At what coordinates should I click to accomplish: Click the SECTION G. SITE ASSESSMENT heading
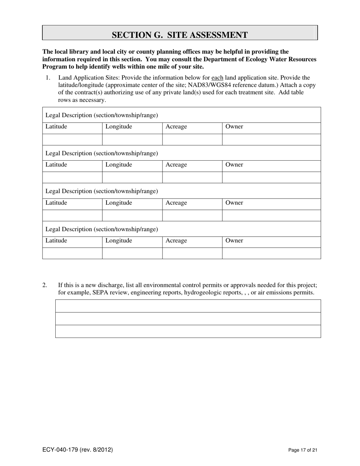click(180, 35)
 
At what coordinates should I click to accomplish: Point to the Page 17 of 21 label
click(302, 450)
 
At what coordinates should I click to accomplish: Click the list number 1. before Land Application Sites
click(48, 78)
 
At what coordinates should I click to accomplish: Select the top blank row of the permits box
click(188, 306)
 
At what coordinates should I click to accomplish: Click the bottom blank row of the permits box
click(188, 331)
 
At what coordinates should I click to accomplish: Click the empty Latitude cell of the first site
click(72, 140)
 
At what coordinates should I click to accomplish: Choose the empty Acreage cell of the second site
click(192, 178)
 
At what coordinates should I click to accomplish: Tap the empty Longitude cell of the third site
click(132, 216)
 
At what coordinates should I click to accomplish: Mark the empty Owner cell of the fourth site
click(271, 253)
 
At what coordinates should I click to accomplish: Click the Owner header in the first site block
click(234, 127)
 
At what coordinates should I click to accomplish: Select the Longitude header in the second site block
click(119, 165)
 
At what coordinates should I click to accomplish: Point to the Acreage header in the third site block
click(176, 203)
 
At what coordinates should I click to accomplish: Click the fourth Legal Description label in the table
click(102, 229)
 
